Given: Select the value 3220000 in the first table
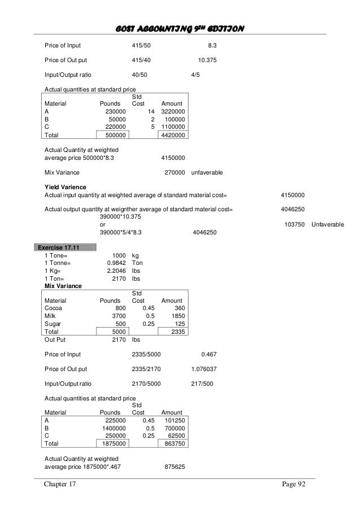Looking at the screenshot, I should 176,112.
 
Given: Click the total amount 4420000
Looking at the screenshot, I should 176,136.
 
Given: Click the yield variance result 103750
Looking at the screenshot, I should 294,225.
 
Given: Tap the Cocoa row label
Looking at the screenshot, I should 54,308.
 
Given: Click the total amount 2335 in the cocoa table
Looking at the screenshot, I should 179,332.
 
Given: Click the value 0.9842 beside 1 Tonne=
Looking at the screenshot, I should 116,263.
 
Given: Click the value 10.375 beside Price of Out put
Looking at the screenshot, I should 207,59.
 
